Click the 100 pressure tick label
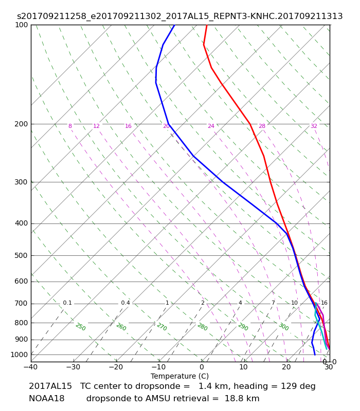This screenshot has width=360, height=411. pos(22,25)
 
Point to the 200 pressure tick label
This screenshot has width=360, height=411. pos(22,124)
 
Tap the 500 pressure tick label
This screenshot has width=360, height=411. pos(22,255)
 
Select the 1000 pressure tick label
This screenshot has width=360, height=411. pos(19,354)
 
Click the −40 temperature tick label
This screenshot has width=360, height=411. pos(31,367)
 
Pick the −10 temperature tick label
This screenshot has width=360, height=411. pos(159,367)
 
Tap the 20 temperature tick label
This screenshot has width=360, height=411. pos(286,367)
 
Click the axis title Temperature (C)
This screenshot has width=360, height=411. pos(179,376)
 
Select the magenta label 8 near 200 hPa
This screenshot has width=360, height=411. pos(70,126)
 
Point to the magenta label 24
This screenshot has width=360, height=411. pos(211,126)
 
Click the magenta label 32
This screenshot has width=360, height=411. pos(314,126)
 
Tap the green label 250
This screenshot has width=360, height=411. pos(81,327)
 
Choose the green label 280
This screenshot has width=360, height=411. pos(203,327)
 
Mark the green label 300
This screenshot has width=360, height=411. pos(284,327)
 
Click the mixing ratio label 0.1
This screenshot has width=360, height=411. pos(67,303)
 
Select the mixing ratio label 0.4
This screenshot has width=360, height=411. pos(125,303)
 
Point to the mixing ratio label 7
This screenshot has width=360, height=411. pos(273,303)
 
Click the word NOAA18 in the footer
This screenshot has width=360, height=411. pos(47,399)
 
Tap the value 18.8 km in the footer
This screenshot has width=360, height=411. pos(242,399)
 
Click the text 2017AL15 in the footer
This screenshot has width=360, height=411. pos(50,386)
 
